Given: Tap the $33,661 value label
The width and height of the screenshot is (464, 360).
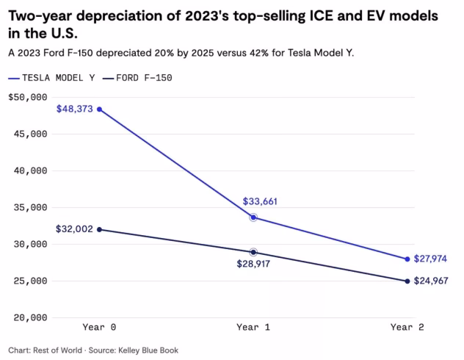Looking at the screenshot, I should pos(260,201).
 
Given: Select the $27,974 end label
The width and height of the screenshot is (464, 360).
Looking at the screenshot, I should pos(430,259).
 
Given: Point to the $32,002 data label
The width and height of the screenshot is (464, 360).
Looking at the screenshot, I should pos(74,228).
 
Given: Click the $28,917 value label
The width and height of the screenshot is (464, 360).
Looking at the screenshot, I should pos(252,263).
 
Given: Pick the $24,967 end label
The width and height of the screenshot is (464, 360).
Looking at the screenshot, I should pos(430,281).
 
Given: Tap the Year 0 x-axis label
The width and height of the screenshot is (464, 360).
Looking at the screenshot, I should pos(98,326).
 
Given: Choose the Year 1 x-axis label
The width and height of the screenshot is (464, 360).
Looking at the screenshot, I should pos(253,326).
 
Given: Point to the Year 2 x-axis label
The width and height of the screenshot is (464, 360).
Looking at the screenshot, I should pos(407,326).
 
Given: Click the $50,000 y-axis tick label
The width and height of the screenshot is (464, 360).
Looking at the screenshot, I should pos(27,97).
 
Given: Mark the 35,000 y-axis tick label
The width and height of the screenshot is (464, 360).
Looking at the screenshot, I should pos(31,207).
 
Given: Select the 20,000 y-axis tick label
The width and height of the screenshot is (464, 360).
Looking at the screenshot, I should pos(31,317).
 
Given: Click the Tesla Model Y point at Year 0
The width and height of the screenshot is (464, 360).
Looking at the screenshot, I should pos(99,109).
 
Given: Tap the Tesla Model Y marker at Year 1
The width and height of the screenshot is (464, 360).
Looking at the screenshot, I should pos(253,217).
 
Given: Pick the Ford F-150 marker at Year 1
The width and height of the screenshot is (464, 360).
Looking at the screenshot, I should pos(253,252).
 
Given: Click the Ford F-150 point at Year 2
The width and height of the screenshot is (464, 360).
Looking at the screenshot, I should pos(407,281).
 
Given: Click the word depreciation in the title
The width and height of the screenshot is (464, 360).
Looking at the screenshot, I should pos(114,15).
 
